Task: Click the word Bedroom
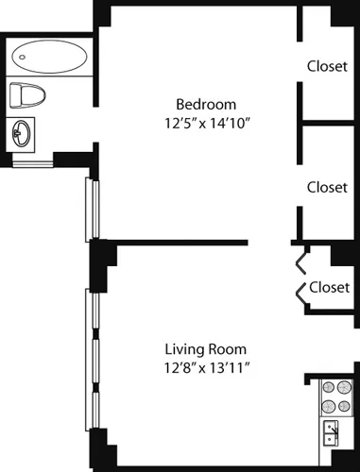point(206,104)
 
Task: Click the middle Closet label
point(327,187)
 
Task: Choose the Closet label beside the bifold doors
point(330,287)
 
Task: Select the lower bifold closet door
point(302,294)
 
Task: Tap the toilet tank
point(14,95)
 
